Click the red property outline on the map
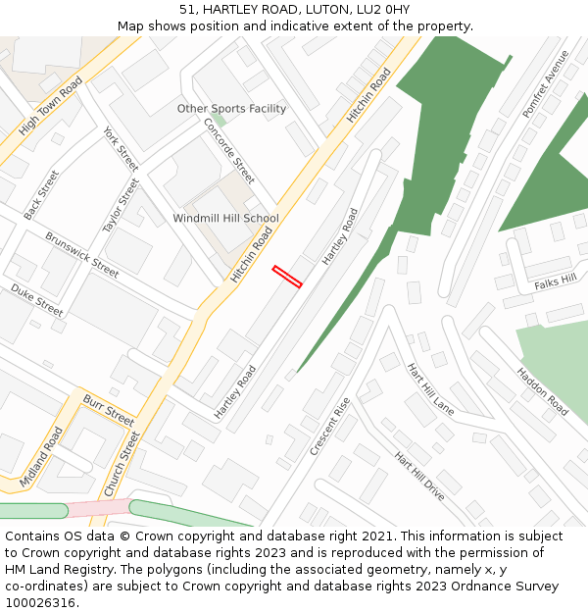(x=287, y=277)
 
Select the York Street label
(x=121, y=149)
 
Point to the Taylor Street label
(x=122, y=205)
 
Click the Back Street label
(x=41, y=194)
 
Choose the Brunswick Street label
(x=81, y=255)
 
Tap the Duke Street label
(x=37, y=300)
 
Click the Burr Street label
(x=108, y=410)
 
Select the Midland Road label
(x=41, y=457)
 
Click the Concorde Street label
(x=228, y=151)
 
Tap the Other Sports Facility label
(x=231, y=109)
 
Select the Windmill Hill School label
(x=225, y=218)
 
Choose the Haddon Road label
(x=542, y=391)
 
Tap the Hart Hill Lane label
(x=430, y=388)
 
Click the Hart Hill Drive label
(x=419, y=477)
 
